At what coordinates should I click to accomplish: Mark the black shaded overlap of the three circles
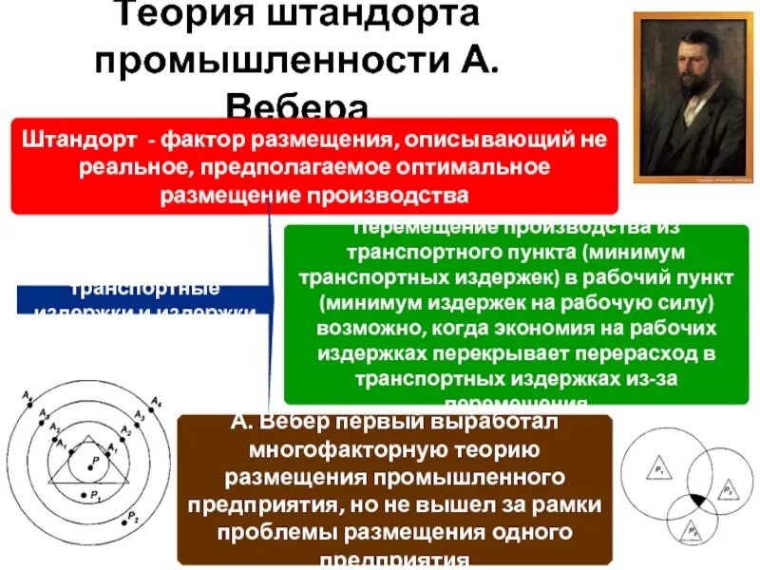tap(698, 499)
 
